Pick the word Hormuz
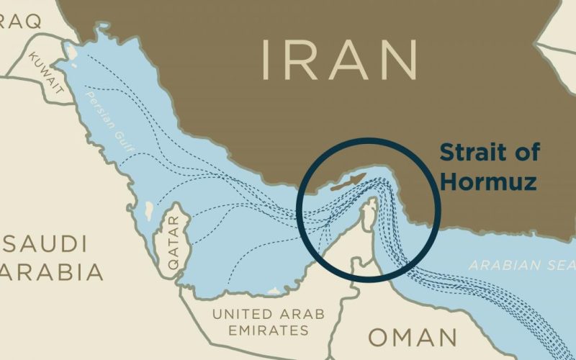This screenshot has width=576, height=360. pos(488,181)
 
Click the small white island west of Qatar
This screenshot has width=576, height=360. pos(148,210)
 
